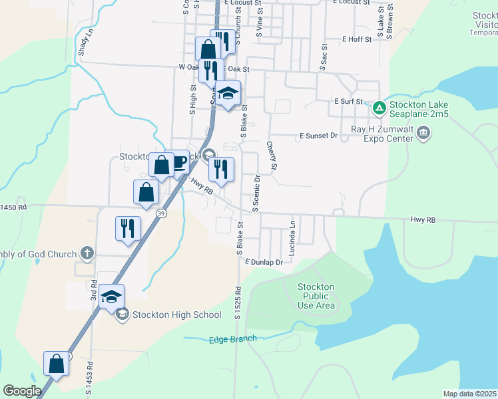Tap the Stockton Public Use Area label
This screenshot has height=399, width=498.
(316, 296)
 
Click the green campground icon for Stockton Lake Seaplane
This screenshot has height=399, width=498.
(379, 106)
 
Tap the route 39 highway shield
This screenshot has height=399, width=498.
(160, 213)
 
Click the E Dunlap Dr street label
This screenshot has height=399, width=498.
(264, 262)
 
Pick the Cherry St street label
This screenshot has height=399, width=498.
(272, 154)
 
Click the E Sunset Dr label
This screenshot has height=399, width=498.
(319, 136)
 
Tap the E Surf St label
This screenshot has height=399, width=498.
(348, 102)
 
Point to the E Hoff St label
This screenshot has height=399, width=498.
(357, 40)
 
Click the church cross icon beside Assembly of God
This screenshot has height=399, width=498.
(86, 253)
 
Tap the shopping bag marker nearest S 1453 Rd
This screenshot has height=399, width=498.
(56, 364)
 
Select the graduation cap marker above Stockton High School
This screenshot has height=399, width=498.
(112, 297)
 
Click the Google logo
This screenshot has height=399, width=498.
(22, 391)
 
